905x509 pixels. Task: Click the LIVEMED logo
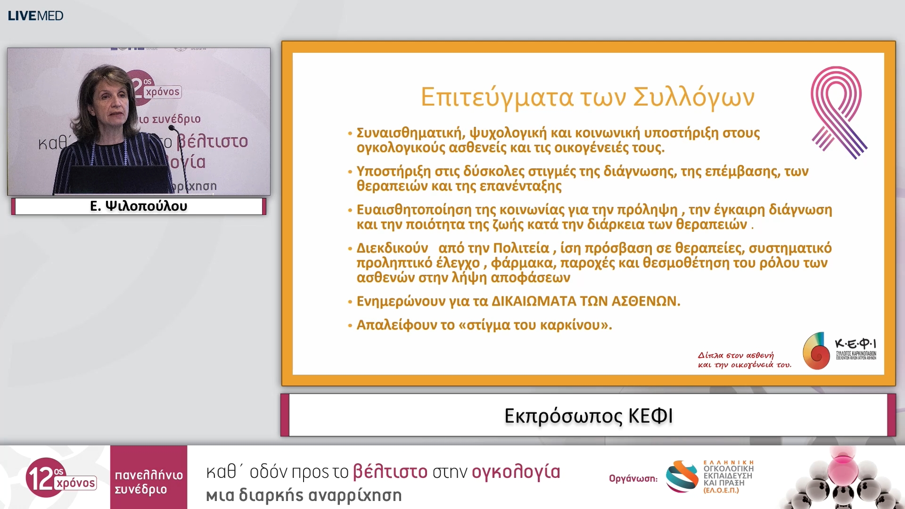35,16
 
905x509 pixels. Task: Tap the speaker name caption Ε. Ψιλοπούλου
139,206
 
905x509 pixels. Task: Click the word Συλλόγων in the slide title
693,97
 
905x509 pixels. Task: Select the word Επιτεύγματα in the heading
497,97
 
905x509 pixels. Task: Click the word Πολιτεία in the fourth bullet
521,248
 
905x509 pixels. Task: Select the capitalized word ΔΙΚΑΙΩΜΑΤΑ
534,301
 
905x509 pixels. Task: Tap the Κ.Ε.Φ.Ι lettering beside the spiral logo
856,344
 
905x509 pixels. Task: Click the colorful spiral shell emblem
816,351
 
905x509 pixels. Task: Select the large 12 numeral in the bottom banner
40,477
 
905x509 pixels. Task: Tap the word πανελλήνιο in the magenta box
148,475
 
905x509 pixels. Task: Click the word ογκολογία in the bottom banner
516,472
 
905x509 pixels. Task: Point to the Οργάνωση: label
633,478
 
